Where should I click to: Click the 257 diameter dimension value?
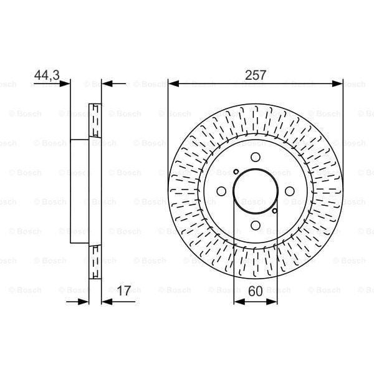click(256, 75)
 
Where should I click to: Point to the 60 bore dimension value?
click(256, 290)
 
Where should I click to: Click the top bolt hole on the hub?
click(256, 158)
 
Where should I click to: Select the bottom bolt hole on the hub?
click(256, 226)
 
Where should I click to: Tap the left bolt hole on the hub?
click(221, 192)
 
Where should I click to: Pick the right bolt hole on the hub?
click(289, 192)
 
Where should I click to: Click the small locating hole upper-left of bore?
click(236, 172)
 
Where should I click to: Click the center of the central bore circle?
click(256, 192)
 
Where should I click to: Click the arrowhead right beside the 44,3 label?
click(66, 83)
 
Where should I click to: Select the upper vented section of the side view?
click(95, 120)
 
